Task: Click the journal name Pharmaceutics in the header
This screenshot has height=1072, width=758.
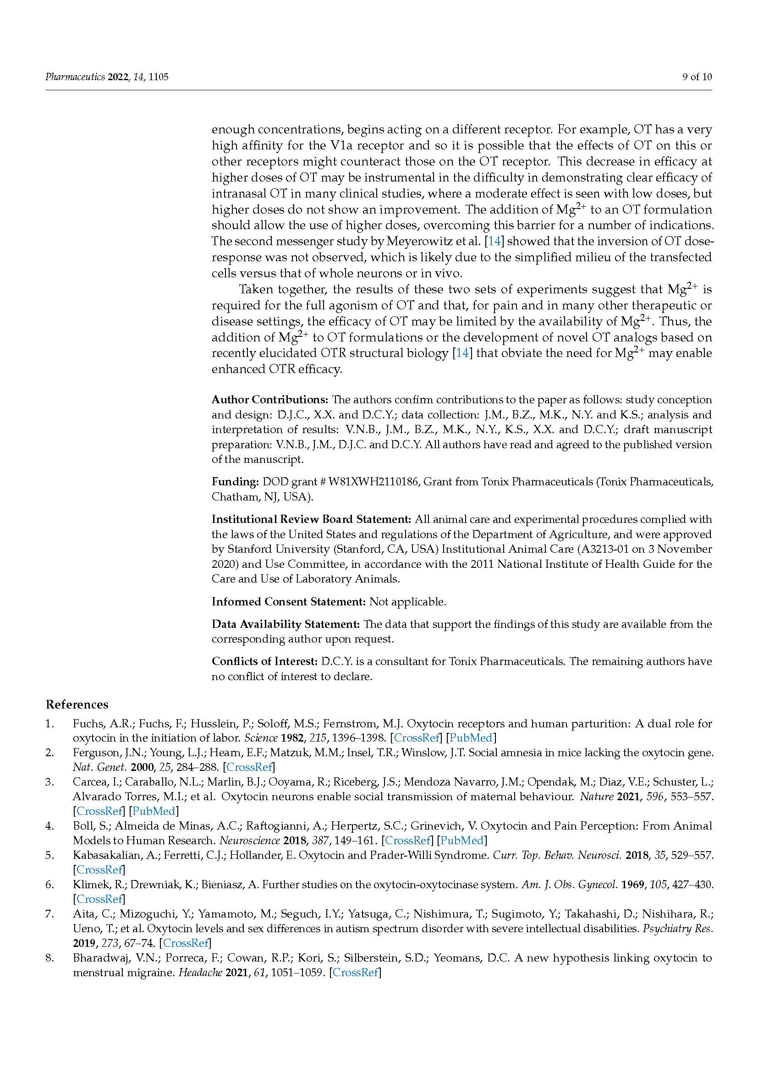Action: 75,77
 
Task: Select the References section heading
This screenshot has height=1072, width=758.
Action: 77,704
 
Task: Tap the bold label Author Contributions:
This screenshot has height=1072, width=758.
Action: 270,400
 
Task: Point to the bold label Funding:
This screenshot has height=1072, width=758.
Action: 235,481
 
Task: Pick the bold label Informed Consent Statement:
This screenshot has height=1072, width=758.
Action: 288,602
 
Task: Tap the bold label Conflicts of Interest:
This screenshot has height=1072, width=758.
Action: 264,662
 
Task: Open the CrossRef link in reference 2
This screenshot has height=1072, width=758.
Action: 250,767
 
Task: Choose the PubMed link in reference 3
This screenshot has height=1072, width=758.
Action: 154,811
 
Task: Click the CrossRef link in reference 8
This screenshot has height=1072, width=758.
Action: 356,973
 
